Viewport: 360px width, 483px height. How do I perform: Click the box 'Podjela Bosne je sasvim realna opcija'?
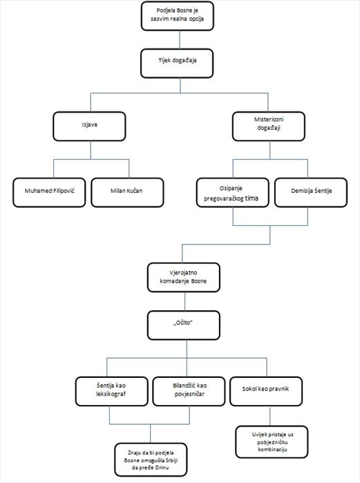pyautogui.click(x=178, y=16)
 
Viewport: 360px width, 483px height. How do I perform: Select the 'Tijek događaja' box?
pyautogui.click(x=177, y=64)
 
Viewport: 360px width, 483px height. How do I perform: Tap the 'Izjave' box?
pyautogui.click(x=89, y=126)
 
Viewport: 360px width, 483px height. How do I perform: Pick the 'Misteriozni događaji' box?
pyautogui.click(x=269, y=126)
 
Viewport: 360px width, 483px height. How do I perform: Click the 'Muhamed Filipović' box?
pyautogui.click(x=49, y=193)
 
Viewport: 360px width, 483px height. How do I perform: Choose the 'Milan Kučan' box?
pyautogui.click(x=128, y=193)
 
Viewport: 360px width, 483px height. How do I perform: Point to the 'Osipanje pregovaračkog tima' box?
pyautogui.click(x=233, y=193)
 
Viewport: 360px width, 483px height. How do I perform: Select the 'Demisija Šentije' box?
pyautogui.click(x=311, y=193)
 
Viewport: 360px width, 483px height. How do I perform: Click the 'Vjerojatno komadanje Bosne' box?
pyautogui.click(x=184, y=277)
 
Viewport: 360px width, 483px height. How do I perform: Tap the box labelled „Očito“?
pyautogui.click(x=184, y=325)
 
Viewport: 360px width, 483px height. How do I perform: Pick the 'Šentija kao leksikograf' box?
pyautogui.click(x=112, y=391)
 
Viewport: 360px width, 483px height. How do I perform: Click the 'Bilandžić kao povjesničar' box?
pyautogui.click(x=189, y=391)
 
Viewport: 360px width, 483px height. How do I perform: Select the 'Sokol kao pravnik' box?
pyautogui.click(x=266, y=391)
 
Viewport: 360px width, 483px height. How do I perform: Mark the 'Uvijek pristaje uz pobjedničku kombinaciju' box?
pyautogui.click(x=272, y=442)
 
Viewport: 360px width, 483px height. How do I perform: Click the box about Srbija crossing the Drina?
pyautogui.click(x=151, y=460)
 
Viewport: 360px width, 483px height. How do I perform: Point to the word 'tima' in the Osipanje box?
pyautogui.click(x=252, y=198)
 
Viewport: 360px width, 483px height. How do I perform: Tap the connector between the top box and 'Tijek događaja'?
pyautogui.click(x=180, y=40)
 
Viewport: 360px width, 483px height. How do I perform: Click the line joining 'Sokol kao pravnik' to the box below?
pyautogui.click(x=270, y=416)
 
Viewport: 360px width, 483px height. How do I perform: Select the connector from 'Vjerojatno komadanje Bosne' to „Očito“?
pyautogui.click(x=184, y=301)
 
